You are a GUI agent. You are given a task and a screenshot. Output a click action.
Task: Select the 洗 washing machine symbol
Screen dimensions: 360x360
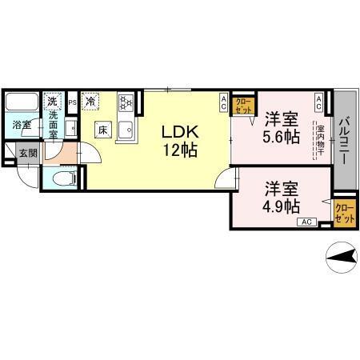point(53,102)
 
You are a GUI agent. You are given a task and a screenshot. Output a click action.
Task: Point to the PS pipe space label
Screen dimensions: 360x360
point(72,102)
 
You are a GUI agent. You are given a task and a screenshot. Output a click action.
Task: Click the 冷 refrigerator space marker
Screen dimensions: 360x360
point(90,101)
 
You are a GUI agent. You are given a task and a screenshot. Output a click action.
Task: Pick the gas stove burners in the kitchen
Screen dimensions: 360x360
point(126,102)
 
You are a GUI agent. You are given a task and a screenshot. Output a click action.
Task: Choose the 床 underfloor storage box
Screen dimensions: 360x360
point(103,128)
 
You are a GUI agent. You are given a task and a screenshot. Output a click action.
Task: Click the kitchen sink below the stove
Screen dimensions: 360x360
point(126,130)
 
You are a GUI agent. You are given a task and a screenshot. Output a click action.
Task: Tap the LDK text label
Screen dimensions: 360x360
point(181,130)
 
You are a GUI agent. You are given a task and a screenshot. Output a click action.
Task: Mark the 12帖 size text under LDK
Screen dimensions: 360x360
point(181,148)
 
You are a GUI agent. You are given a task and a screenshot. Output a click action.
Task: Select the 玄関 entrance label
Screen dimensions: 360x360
point(28,152)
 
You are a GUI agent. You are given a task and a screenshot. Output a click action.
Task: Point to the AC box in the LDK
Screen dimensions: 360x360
point(224,102)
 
